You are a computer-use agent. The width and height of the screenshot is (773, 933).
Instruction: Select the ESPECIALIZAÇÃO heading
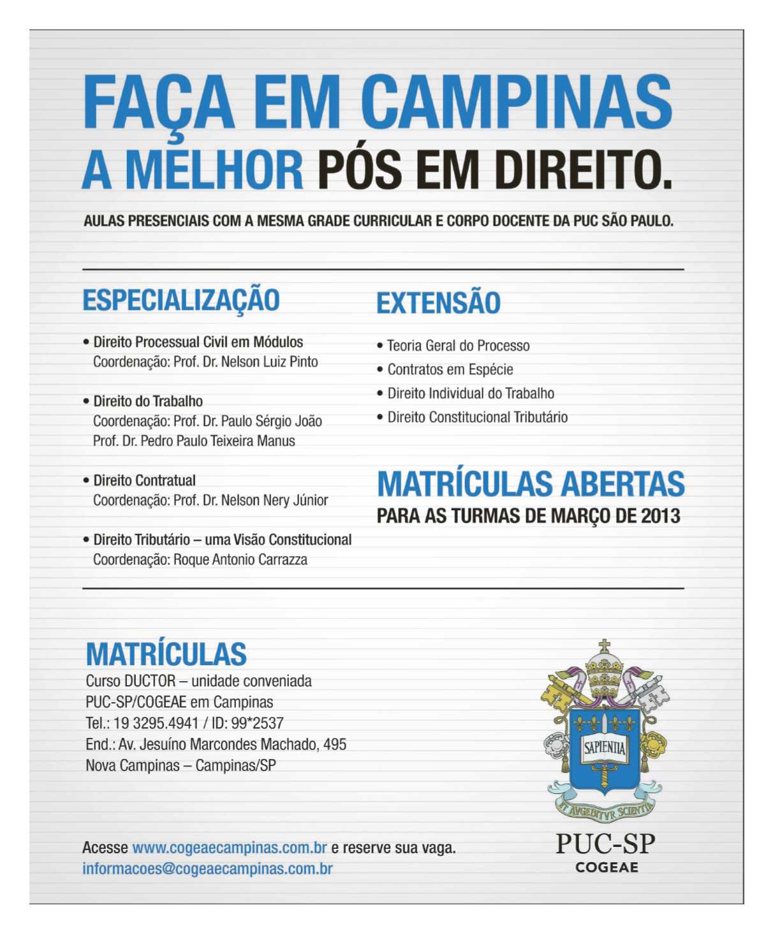coord(181,300)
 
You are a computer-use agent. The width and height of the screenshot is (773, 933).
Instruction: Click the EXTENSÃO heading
coord(438,303)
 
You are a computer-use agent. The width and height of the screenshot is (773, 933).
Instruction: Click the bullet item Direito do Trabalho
coord(148,402)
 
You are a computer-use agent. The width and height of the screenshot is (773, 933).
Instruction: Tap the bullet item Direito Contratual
coord(144,481)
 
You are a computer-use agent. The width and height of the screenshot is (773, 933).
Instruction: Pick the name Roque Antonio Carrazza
coord(240,560)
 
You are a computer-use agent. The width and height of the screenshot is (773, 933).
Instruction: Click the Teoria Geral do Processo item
coord(458,346)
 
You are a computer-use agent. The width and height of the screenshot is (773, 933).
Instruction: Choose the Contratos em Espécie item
coord(450,370)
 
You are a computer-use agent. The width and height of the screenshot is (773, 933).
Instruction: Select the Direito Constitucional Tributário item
coord(477,418)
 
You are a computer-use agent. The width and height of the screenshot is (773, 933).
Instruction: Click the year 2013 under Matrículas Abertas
coord(661,516)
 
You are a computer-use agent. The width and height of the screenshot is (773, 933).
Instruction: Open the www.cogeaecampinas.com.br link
coord(229,848)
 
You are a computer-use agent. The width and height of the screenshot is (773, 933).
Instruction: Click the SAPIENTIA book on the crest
coord(604,747)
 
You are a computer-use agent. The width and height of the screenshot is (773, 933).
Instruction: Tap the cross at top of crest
coord(604,647)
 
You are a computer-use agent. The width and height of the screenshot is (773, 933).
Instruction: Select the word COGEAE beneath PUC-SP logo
coord(607,867)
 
